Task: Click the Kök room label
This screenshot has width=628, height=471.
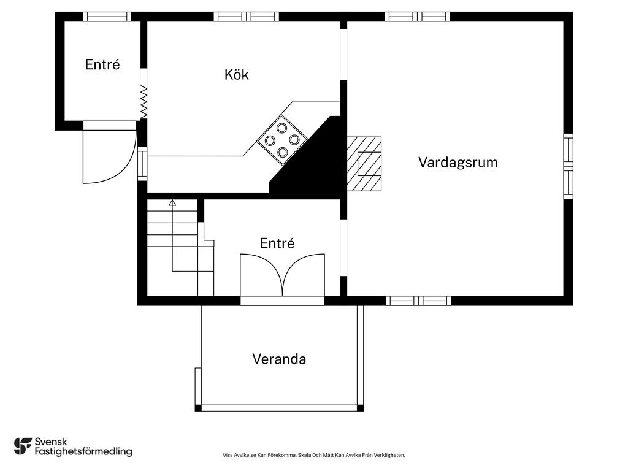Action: tap(236, 74)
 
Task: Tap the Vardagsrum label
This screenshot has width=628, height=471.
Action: tap(458, 162)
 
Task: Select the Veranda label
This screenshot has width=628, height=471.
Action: tap(279, 359)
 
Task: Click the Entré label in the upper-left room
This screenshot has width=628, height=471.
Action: tap(102, 64)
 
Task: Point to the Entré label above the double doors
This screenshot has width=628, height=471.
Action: tap(277, 243)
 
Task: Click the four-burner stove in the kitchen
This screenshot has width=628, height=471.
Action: tap(282, 140)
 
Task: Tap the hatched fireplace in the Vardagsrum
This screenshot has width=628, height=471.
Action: tap(364, 164)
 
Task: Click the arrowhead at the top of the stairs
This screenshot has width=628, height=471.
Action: tap(172, 202)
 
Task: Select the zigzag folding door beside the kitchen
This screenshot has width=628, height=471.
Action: tap(144, 102)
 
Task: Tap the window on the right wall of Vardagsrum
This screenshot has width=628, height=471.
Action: tap(569, 166)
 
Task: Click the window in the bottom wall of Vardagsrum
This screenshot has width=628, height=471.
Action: tap(418, 301)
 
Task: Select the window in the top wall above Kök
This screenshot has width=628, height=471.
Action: tap(246, 17)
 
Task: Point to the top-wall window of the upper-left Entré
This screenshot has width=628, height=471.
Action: tap(107, 17)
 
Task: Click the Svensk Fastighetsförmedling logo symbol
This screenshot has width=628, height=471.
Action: tap(23, 446)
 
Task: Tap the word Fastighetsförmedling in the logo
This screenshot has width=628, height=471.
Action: tap(83, 452)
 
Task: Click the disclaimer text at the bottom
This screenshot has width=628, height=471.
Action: tap(314, 456)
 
